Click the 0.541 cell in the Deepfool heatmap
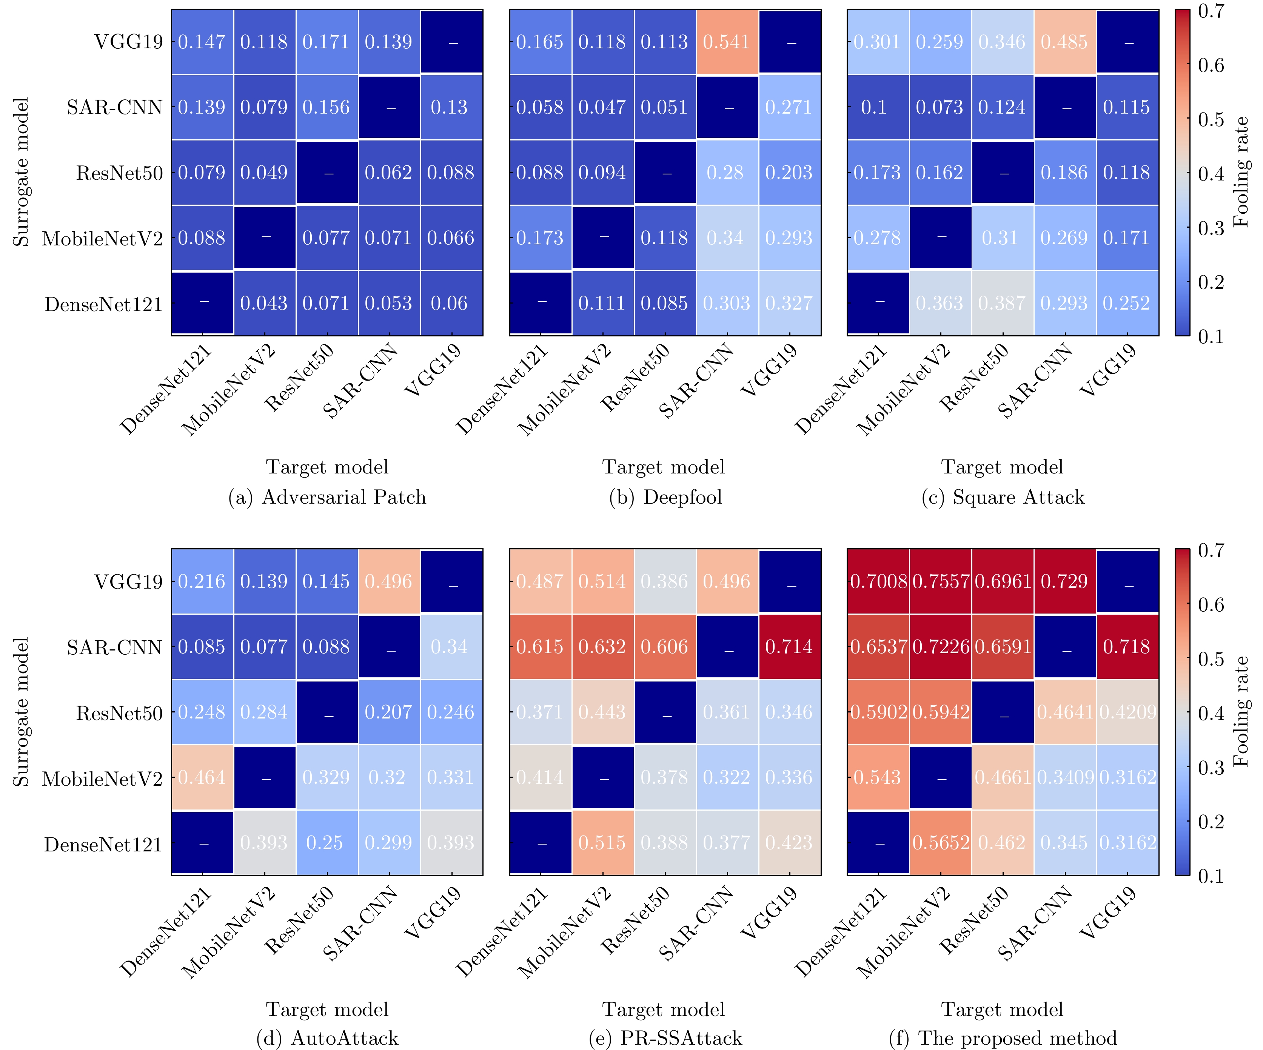[x=727, y=42]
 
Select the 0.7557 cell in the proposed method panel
[x=940, y=581]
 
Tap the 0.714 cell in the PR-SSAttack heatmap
[x=789, y=647]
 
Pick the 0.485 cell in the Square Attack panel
[x=1064, y=42]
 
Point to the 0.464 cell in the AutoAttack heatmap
[x=202, y=777]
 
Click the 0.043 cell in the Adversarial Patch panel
[x=264, y=303]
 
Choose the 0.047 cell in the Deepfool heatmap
[x=602, y=108]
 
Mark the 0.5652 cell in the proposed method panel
[x=940, y=843]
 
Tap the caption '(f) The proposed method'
[x=1003, y=1038]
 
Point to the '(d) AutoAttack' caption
[x=327, y=1038]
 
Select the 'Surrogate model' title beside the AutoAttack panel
[x=21, y=712]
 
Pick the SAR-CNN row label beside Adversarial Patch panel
[x=114, y=108]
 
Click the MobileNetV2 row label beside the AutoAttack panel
[x=102, y=779]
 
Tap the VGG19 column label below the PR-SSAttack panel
[x=770, y=911]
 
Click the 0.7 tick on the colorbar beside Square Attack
[x=1211, y=11]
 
